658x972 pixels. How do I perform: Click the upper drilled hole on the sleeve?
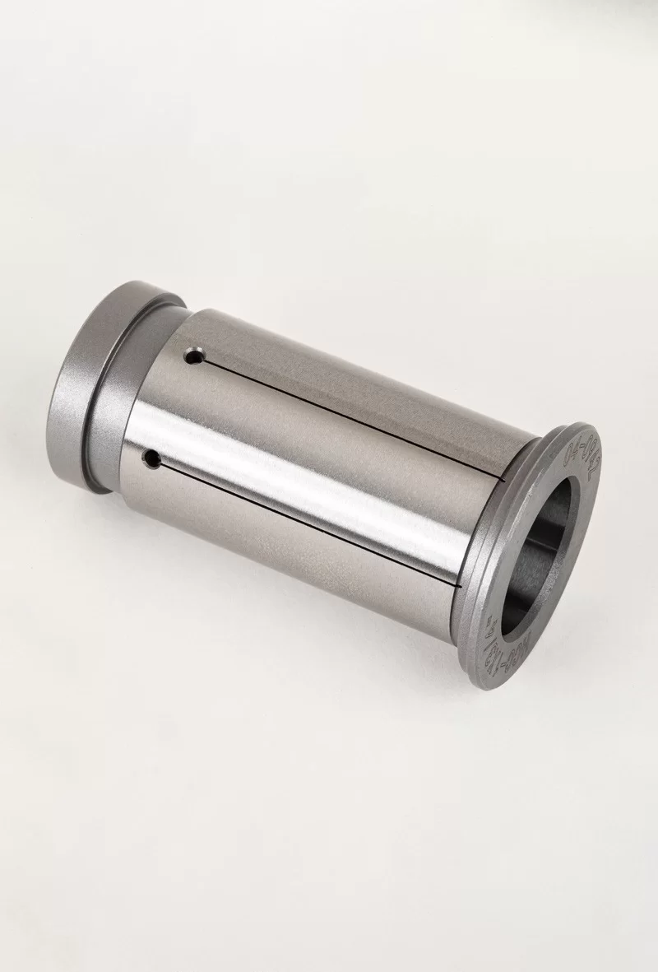[194, 357]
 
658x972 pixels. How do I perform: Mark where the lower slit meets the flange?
[457, 584]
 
